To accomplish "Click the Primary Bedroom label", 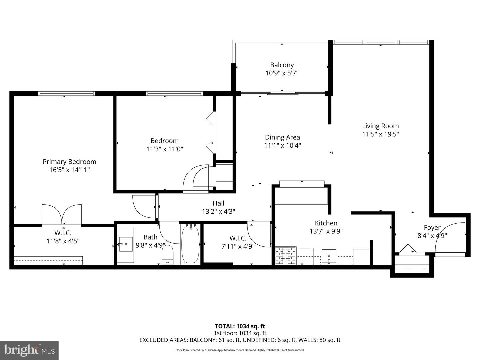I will tap(69, 162).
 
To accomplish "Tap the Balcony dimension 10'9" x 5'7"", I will tap(282, 73).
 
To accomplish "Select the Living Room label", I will tap(380, 126).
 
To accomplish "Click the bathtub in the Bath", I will tap(190, 244).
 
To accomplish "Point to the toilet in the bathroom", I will tap(168, 255).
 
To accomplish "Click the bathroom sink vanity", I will tap(126, 245).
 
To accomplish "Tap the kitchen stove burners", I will tap(286, 256).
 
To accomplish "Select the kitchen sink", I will tap(329, 256).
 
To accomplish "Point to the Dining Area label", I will tap(282, 137).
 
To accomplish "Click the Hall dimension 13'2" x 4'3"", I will tap(218, 211).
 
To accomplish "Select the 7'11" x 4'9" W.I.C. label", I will tap(238, 238).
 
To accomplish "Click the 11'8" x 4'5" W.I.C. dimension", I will tap(63, 241).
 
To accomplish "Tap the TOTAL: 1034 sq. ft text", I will tap(240, 326).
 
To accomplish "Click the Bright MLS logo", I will tap(29, 350).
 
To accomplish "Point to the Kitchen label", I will tap(326, 223).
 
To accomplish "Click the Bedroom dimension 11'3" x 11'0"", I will tap(165, 149).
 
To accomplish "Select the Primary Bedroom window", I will tap(67, 94).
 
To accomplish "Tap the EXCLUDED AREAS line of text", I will tap(240, 340).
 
